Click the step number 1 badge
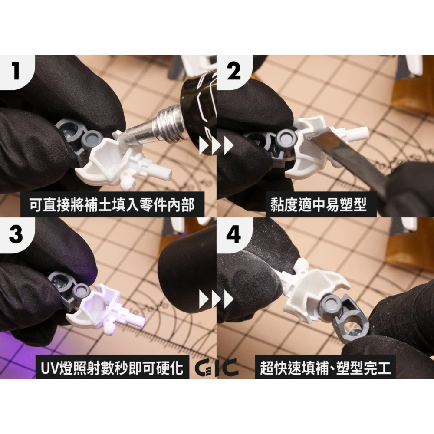[16, 71]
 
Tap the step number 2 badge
[233, 71]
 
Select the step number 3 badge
[16, 234]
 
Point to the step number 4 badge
[233, 234]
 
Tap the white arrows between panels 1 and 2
[216, 146]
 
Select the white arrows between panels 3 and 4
[216, 299]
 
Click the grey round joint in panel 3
[81, 290]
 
